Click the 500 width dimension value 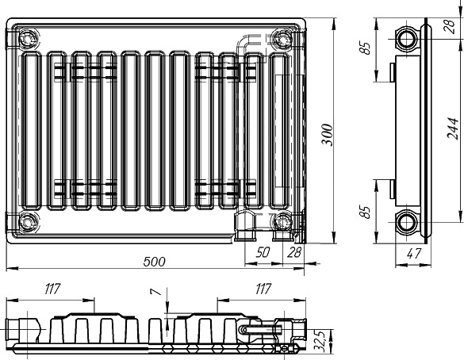tap(154, 262)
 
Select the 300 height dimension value tap(328, 135)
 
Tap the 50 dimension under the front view tap(263, 252)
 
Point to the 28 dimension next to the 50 tap(293, 252)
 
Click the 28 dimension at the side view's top tap(450, 26)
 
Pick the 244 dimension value tap(453, 128)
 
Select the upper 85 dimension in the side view tap(366, 48)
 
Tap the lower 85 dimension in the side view tap(366, 212)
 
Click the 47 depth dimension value tap(414, 254)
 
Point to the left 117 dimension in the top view tap(52, 289)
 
